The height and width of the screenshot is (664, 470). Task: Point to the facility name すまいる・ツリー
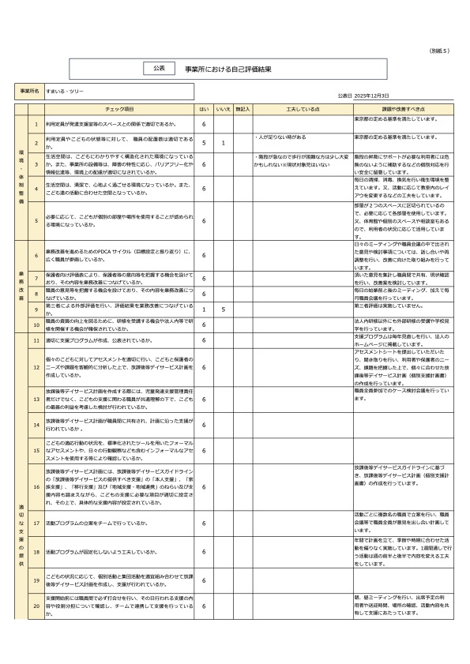(x=62, y=92)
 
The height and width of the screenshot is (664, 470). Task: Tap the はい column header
(x=204, y=109)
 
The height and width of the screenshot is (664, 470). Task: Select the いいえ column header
(x=224, y=109)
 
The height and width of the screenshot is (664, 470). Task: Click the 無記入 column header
(x=243, y=109)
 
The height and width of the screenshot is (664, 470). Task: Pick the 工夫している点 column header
(x=303, y=109)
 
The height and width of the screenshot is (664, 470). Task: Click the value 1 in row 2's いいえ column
(x=224, y=143)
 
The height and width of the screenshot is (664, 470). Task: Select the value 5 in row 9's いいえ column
(x=224, y=309)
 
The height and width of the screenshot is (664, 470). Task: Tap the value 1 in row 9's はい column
(x=204, y=309)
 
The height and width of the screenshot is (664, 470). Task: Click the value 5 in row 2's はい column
(x=204, y=143)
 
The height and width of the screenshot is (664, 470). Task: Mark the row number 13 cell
(x=36, y=400)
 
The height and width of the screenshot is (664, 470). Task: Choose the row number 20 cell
(x=36, y=606)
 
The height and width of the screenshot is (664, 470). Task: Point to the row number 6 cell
(x=36, y=255)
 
